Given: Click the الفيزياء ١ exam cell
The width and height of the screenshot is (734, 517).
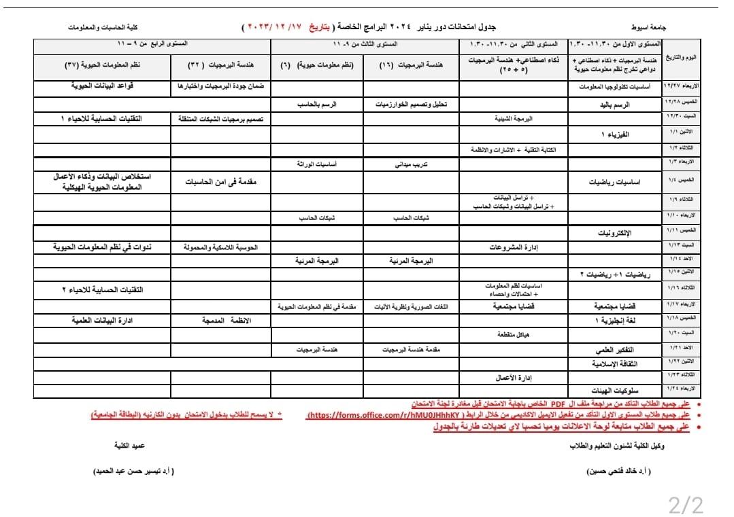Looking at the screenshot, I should tap(615, 135).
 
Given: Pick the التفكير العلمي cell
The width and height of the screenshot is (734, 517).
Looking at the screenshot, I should tap(615, 350).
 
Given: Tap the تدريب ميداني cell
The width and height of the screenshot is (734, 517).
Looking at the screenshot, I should tap(412, 164).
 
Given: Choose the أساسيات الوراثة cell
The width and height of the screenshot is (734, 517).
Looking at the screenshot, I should tap(316, 164).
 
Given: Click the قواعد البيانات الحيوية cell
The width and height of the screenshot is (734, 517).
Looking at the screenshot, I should tap(102, 87).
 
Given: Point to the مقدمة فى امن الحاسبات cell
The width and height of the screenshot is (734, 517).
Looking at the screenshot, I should tap(220, 182).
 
